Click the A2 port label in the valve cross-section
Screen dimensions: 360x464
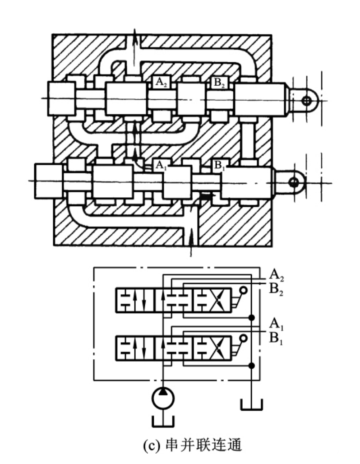[161, 82]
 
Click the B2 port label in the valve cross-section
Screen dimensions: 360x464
[219, 82]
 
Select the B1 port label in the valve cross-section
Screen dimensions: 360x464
[219, 165]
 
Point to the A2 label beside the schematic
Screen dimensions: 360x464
[277, 275]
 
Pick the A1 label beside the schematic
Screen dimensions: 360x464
[277, 324]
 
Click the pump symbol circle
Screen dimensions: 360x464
[163, 398]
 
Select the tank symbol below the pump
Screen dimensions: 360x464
[163, 422]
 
